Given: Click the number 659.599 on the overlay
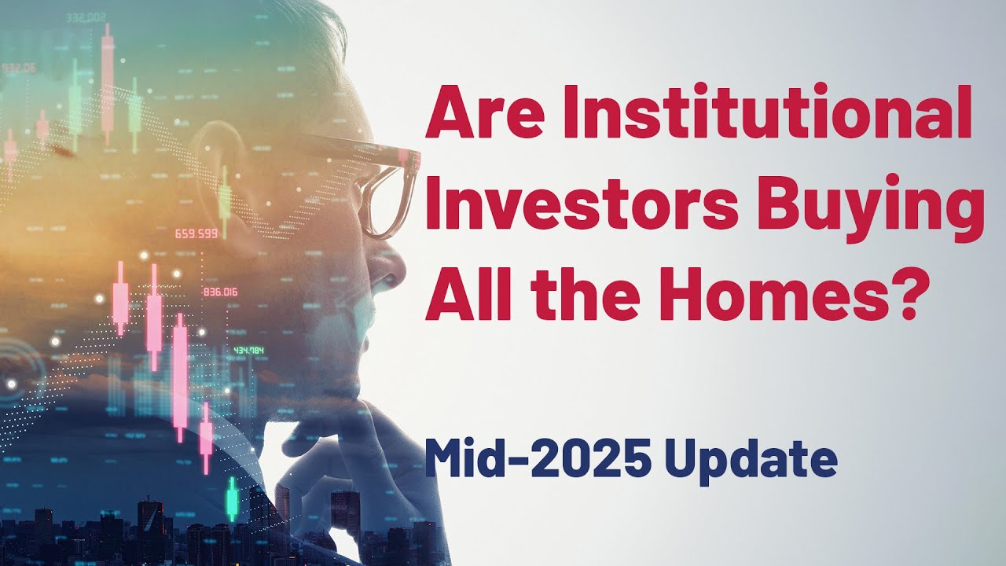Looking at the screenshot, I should tap(196, 233).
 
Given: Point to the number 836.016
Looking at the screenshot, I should tap(220, 292).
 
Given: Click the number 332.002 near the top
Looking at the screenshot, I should tap(87, 17).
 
